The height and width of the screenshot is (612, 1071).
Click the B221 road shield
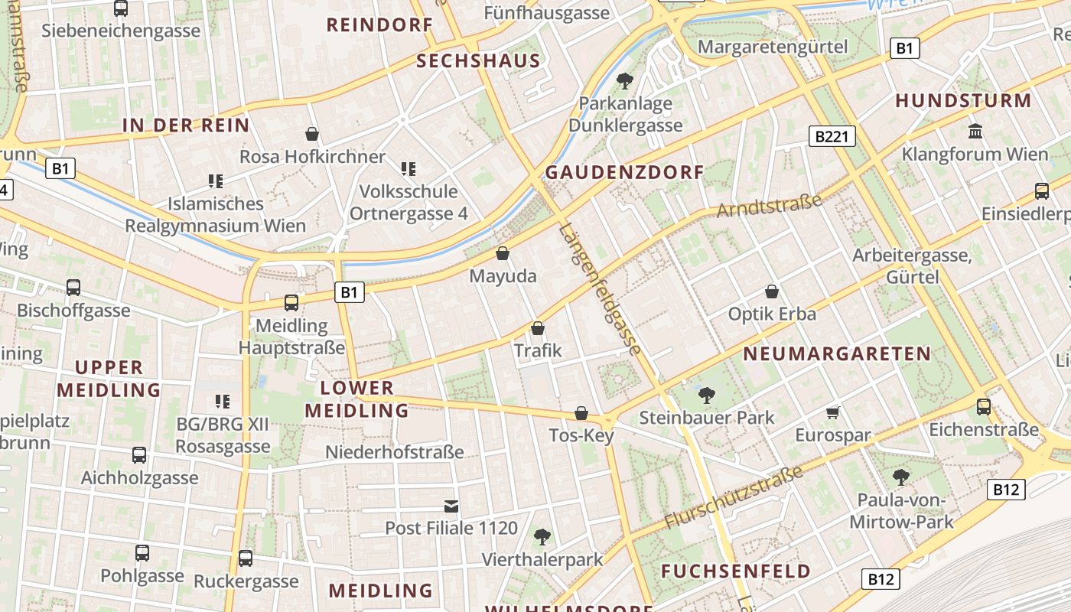832,137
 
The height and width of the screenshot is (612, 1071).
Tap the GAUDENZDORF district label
623,172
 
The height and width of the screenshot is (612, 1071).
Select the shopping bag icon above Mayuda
503,253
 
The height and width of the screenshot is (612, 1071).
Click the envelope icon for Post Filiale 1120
451,506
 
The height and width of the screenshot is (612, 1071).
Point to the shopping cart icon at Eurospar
833,413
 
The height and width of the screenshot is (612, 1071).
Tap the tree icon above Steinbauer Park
707,395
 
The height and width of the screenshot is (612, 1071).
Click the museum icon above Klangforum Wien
975,131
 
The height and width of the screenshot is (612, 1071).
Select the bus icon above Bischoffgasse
73,288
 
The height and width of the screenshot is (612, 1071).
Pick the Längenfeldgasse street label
600,289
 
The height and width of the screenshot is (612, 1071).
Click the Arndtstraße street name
770,205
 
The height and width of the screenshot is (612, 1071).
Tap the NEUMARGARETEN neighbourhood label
837,354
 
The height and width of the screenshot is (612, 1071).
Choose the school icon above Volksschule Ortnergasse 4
409,168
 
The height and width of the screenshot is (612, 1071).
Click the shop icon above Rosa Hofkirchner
312,134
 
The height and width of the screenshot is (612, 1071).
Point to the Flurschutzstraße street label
734,496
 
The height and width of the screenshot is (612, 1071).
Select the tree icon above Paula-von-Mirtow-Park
901,477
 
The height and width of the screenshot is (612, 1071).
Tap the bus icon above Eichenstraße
984,406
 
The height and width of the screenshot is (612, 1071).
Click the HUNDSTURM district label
963,101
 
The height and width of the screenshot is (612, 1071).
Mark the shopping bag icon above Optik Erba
772,291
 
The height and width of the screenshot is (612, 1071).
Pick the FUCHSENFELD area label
736,571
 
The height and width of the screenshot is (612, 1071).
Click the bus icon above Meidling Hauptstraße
291,302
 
